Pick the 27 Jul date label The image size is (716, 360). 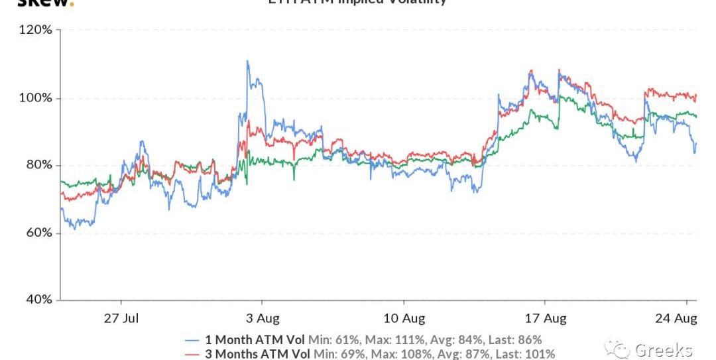tap(121, 318)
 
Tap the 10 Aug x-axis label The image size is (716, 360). tap(404, 318)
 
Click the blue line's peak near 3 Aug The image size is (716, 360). tap(247, 61)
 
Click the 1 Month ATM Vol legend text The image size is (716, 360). tap(256, 339)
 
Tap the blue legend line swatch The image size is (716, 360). tap(192, 339)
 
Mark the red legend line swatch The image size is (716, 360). tap(192, 354)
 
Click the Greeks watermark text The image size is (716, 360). tap(663, 350)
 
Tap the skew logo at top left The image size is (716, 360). tap(43, 3)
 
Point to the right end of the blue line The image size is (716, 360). tap(696, 143)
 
